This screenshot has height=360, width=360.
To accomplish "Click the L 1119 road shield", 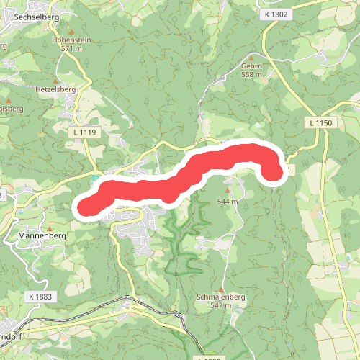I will click(84, 132).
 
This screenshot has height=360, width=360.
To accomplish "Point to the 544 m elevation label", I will click(228, 202).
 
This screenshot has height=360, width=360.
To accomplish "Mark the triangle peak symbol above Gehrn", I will click(251, 57).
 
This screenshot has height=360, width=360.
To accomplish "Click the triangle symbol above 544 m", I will click(228, 192).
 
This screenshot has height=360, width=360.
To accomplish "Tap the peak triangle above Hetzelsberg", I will click(55, 81).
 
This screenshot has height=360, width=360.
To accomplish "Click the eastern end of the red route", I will click(272, 172).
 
